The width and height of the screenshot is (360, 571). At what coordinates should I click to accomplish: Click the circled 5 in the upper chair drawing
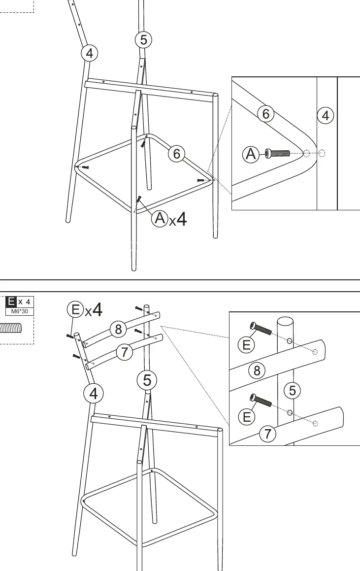click(143, 40)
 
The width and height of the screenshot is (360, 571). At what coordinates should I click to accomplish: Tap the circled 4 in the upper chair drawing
click(90, 53)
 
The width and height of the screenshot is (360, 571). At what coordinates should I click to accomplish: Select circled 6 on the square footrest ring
click(176, 154)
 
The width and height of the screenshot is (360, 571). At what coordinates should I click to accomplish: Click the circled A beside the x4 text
click(160, 218)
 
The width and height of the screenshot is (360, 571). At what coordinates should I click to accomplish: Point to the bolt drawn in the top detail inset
click(277, 153)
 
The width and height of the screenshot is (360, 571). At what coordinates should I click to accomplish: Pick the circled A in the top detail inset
click(251, 154)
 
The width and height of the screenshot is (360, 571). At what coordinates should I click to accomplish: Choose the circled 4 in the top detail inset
click(326, 116)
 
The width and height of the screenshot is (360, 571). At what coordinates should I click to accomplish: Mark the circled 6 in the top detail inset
click(266, 114)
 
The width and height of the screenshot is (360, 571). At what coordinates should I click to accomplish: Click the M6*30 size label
click(20, 311)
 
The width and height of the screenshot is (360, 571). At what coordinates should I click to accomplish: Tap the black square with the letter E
click(11, 302)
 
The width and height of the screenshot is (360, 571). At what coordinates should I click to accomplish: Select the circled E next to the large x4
click(75, 309)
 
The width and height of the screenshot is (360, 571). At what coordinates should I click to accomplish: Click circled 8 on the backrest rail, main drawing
click(118, 329)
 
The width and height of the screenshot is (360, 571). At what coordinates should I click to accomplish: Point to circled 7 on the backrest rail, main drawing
click(125, 352)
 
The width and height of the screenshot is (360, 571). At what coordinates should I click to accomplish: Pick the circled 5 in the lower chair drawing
click(147, 380)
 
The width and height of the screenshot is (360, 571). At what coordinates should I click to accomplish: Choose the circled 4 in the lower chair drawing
click(94, 394)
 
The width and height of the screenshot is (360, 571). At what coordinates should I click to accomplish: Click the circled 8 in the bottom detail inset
click(257, 370)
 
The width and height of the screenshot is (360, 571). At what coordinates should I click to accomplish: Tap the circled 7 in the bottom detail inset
click(268, 434)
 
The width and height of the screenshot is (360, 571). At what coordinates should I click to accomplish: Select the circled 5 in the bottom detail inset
click(293, 390)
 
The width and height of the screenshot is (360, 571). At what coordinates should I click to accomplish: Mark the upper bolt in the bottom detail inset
click(261, 328)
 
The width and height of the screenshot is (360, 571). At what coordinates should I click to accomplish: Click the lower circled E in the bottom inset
click(246, 417)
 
